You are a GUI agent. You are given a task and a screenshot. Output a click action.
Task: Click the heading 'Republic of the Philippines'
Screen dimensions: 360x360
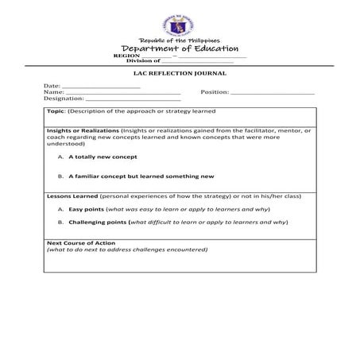(180, 41)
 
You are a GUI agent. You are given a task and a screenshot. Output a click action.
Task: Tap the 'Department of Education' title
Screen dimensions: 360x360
(180, 49)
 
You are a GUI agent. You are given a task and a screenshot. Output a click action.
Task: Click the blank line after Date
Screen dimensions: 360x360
(101, 85)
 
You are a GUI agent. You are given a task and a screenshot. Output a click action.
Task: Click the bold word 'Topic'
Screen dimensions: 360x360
(56, 112)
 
